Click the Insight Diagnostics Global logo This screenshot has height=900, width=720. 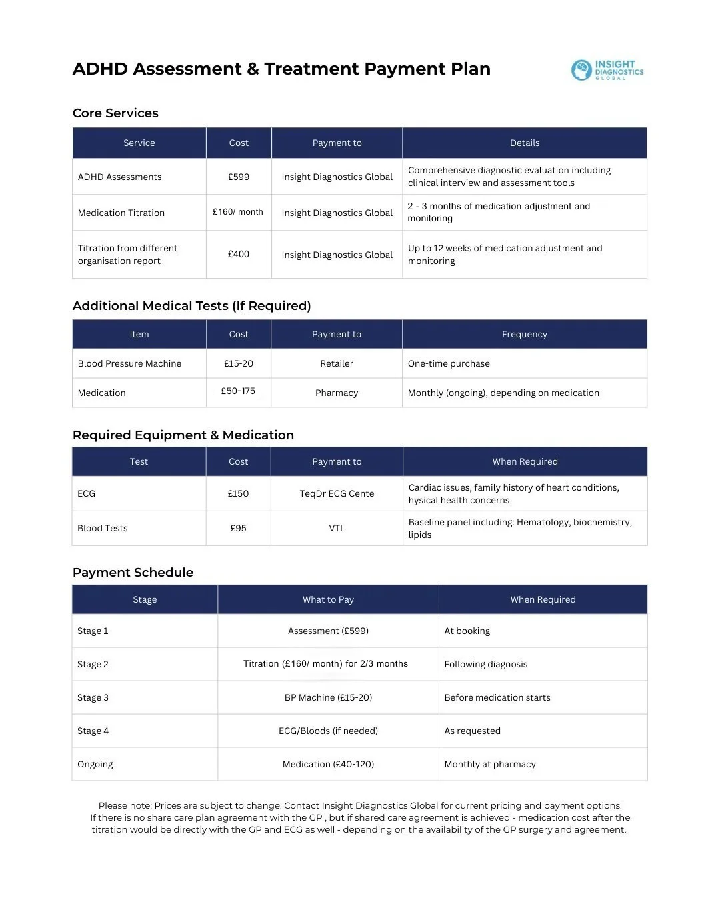pos(607,70)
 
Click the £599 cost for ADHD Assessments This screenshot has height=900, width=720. pos(239,177)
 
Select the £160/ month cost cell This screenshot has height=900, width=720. pos(238,212)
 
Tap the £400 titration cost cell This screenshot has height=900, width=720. pos(239,254)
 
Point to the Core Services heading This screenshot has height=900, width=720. pos(115,113)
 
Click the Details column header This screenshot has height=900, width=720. pos(525,143)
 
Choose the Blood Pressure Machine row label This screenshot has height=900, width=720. pos(129,363)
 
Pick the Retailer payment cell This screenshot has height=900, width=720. pos(337,363)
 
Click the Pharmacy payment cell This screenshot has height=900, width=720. pos(337,393)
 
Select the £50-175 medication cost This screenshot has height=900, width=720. pos(238,391)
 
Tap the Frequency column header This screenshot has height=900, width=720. pos(525,334)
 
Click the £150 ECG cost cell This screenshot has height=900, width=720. pos(238,493)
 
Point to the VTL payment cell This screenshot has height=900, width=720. pos(337,528)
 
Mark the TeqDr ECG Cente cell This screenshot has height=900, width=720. pos(337,493)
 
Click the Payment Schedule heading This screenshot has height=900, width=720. pos(133,573)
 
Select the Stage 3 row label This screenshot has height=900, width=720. pos(93,697)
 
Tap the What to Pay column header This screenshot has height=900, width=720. pos(328,599)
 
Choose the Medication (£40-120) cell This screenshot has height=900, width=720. pos(328,764)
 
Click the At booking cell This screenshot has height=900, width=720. pos(467,631)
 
